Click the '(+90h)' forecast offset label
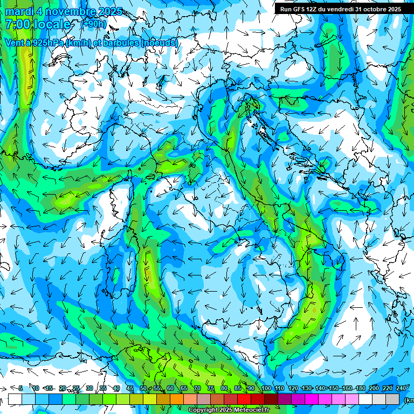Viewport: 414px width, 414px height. coord(94,24)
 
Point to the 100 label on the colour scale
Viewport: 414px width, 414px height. coord(266,388)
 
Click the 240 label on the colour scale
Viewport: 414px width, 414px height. coord(401,388)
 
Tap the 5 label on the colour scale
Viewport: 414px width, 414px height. coord(20,388)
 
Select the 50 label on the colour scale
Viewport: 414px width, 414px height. coord(143,388)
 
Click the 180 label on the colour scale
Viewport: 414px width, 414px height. coord(360,388)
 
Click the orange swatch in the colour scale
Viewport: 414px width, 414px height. coord(177,399)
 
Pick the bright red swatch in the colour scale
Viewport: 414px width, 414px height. coord(244,399)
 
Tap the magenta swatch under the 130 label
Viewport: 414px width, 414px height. coord(312,399)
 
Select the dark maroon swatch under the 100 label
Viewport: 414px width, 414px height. coord(271,399)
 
